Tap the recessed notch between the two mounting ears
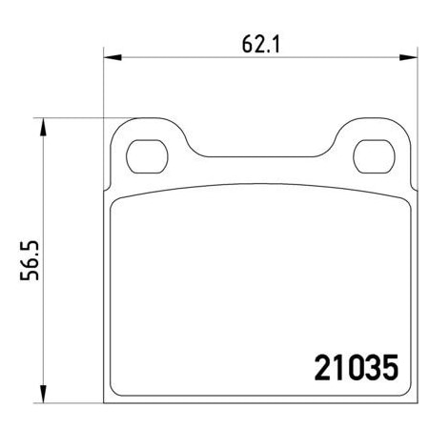[x=258, y=155]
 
